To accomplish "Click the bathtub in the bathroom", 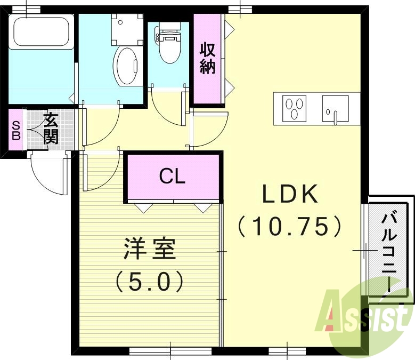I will point(42,31).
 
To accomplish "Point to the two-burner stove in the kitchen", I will point(295,108).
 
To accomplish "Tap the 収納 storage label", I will point(208,59).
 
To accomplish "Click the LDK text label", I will point(289,195).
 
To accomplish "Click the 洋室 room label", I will point(150,250).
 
